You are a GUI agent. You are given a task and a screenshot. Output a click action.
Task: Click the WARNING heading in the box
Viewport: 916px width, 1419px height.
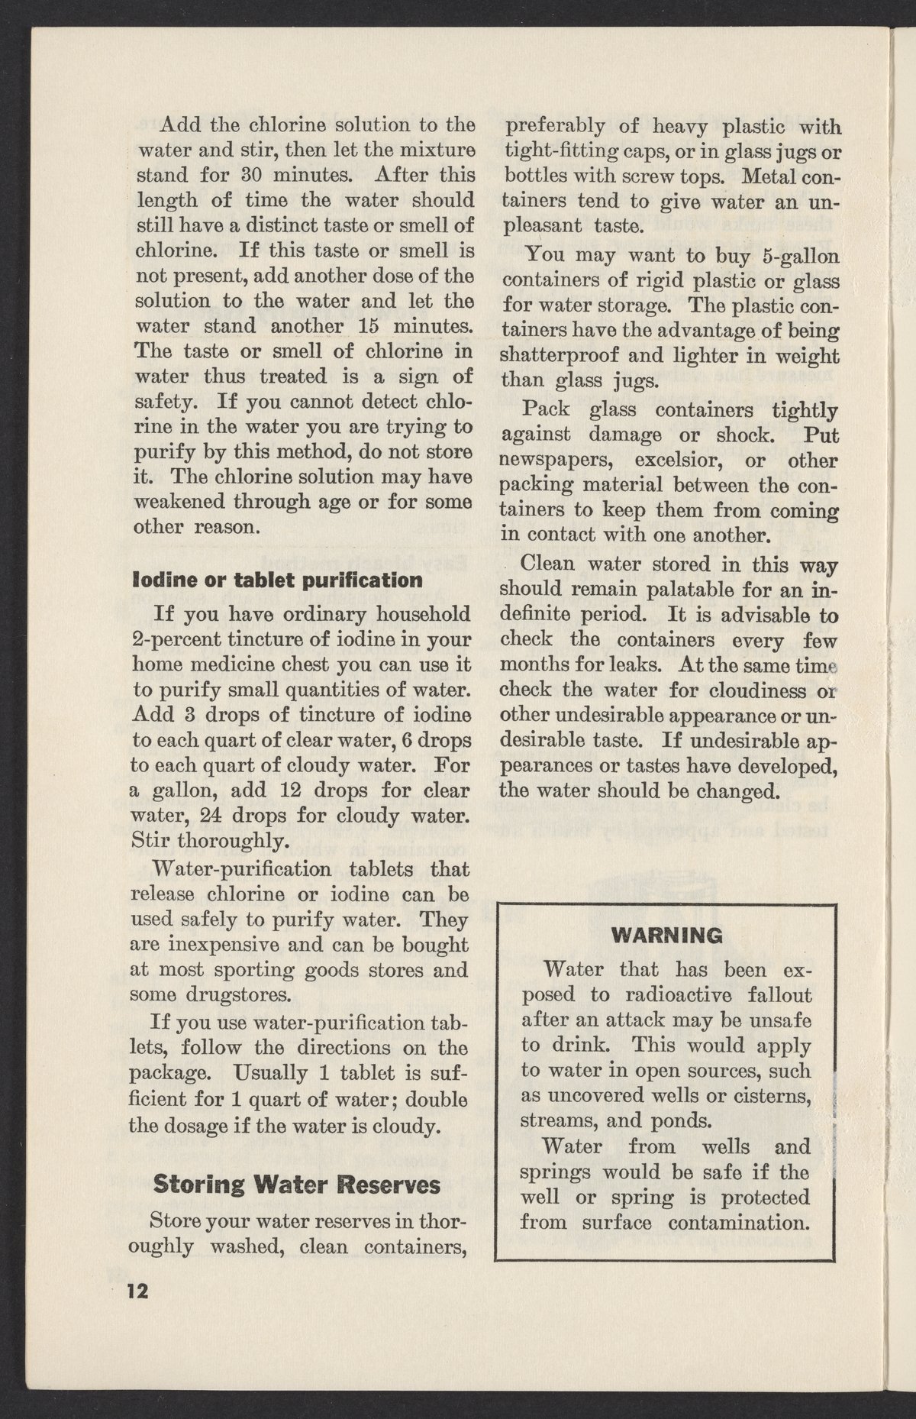click(666, 936)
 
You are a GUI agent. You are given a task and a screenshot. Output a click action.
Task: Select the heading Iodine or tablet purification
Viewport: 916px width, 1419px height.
click(277, 578)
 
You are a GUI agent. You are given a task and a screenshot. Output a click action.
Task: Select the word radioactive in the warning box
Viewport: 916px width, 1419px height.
click(669, 996)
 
